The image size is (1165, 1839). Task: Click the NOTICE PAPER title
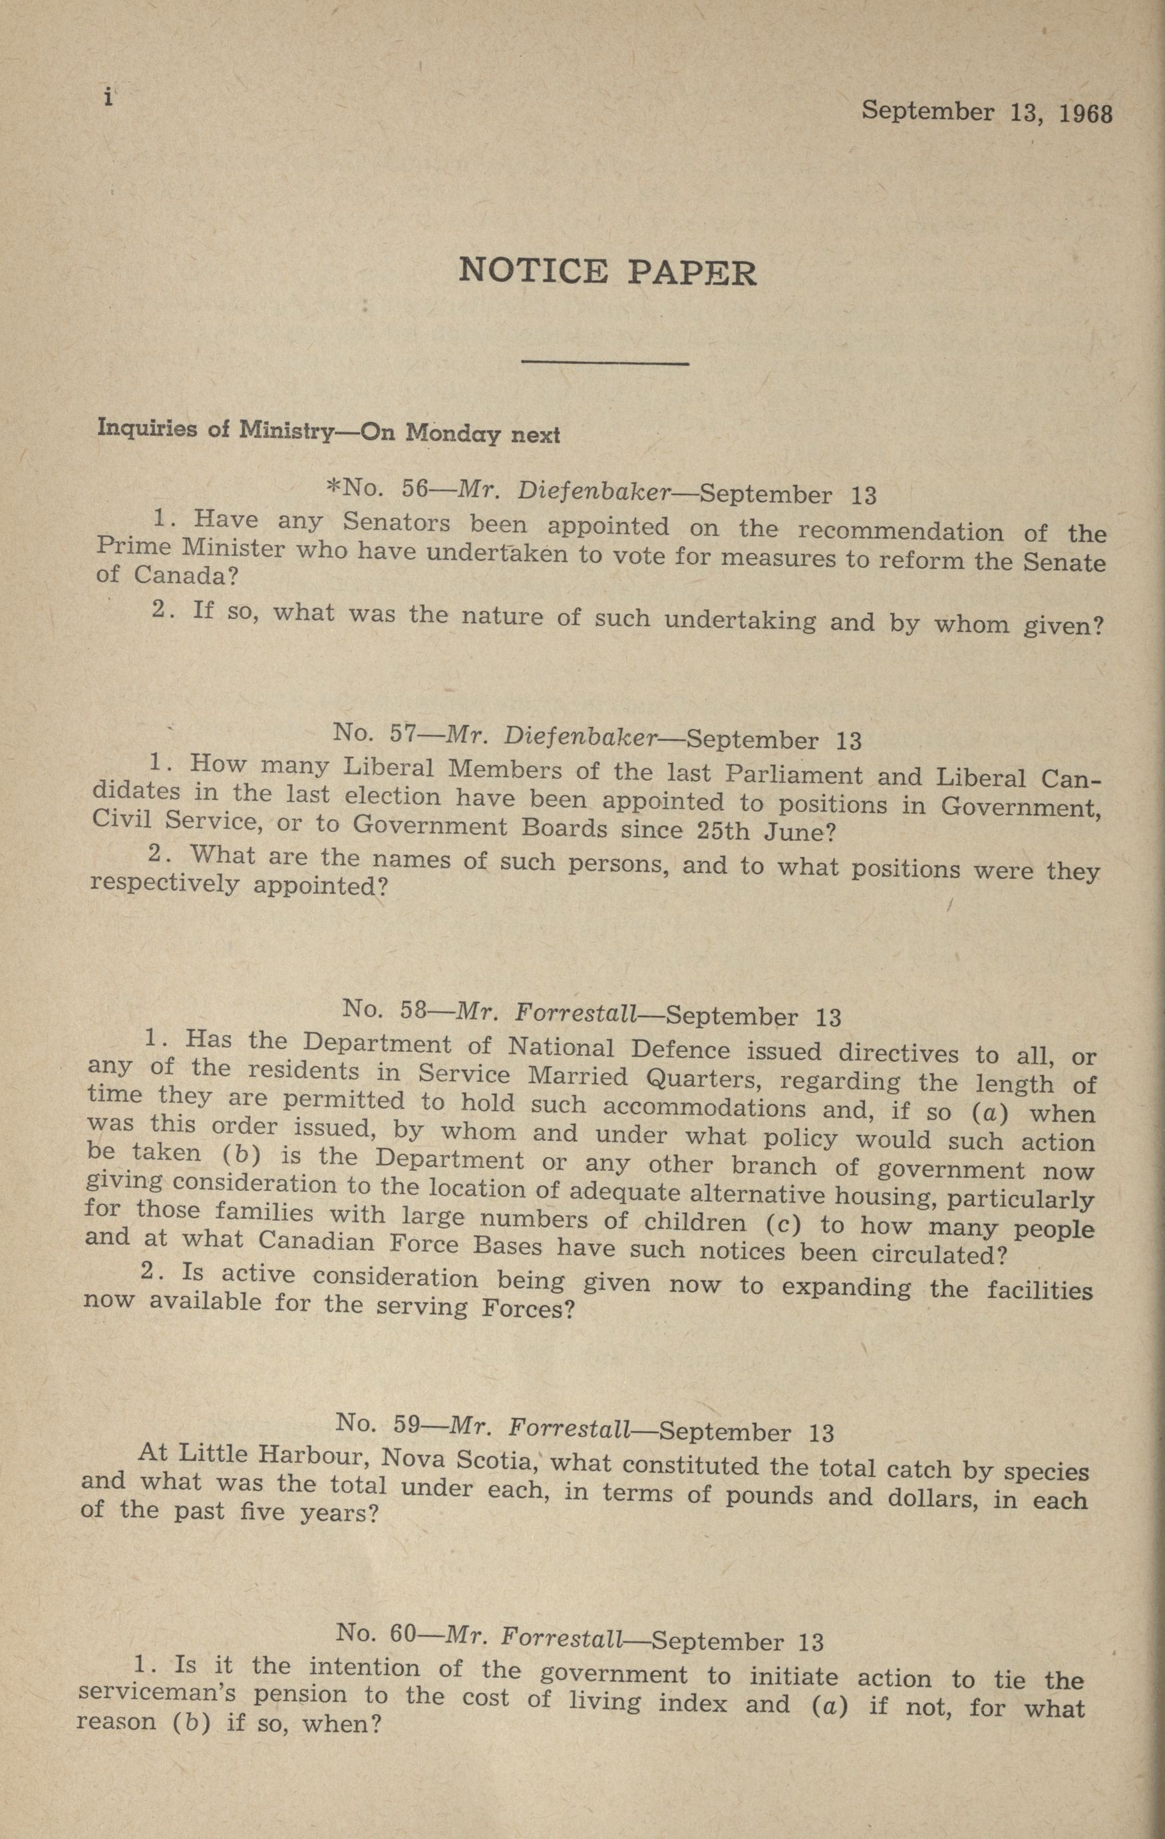click(607, 272)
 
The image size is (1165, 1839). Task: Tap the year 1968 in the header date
click(1086, 114)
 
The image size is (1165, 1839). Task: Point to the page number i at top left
click(109, 98)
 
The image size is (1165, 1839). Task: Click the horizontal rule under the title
click(603, 362)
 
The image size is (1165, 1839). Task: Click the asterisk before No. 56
click(333, 486)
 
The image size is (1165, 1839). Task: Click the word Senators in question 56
click(396, 523)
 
